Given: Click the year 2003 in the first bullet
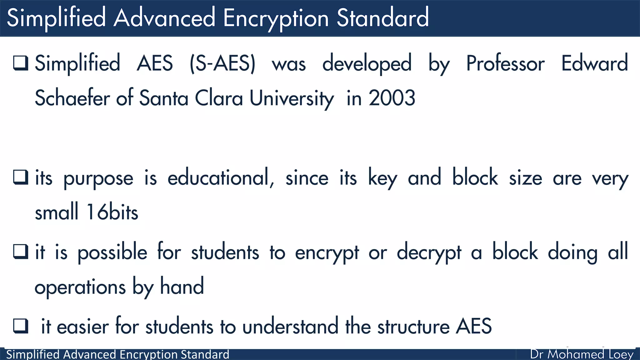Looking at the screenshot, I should (x=392, y=98).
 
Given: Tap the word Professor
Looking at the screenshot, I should (x=505, y=64).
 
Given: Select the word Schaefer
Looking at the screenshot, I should (x=72, y=98).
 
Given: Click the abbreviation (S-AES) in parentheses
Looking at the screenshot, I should (x=222, y=64).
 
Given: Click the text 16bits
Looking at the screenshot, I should (x=112, y=212).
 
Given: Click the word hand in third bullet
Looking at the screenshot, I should (x=182, y=287).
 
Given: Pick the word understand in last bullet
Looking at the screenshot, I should (x=290, y=327).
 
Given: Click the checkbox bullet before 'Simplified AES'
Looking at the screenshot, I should (x=21, y=63).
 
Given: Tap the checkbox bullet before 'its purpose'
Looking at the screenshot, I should (x=21, y=177).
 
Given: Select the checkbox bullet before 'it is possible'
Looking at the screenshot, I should (x=21, y=252).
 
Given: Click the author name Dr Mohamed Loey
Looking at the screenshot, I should (x=582, y=354).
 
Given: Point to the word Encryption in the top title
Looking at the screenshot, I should (x=276, y=18).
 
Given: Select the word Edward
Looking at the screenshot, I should (x=594, y=64).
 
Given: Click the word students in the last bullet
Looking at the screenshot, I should (x=179, y=327).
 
